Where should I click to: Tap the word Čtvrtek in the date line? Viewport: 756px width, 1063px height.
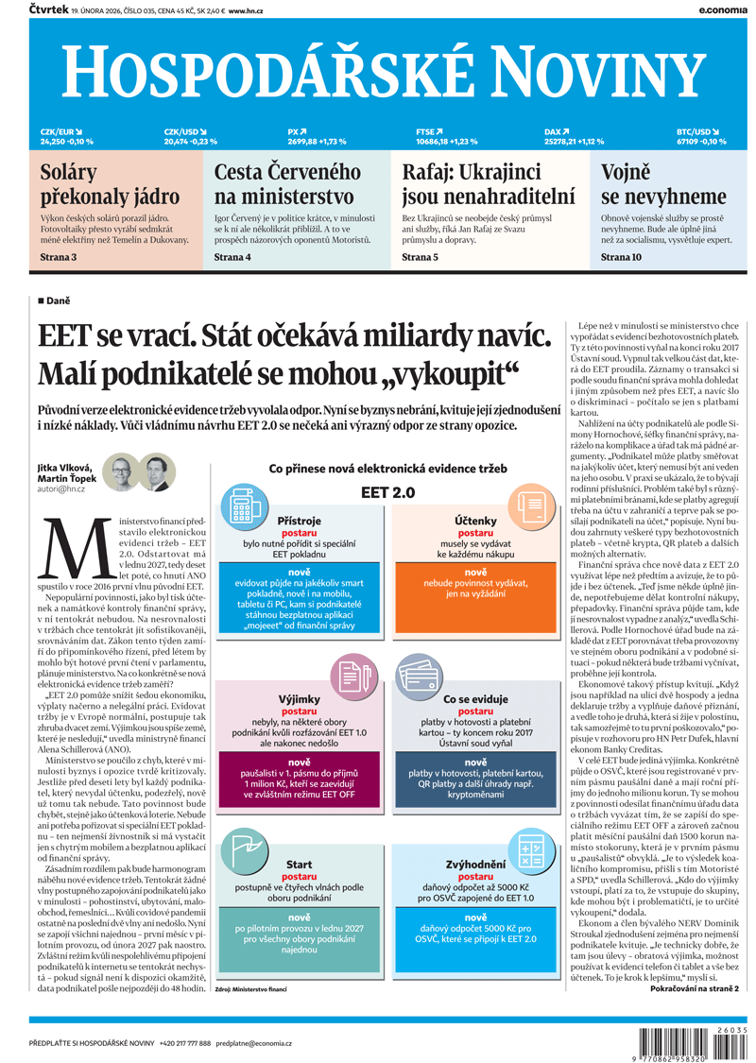[48, 9]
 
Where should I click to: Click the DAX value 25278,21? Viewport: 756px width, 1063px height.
[565, 142]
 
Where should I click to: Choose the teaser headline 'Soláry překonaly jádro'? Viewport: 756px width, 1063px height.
[110, 184]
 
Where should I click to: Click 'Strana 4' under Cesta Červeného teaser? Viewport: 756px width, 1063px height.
[232, 257]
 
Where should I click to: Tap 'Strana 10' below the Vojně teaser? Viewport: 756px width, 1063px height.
[621, 257]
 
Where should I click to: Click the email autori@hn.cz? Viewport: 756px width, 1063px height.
[61, 489]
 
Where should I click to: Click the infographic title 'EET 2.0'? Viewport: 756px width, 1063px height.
[388, 492]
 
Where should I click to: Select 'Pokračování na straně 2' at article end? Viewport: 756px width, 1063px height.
[695, 988]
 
